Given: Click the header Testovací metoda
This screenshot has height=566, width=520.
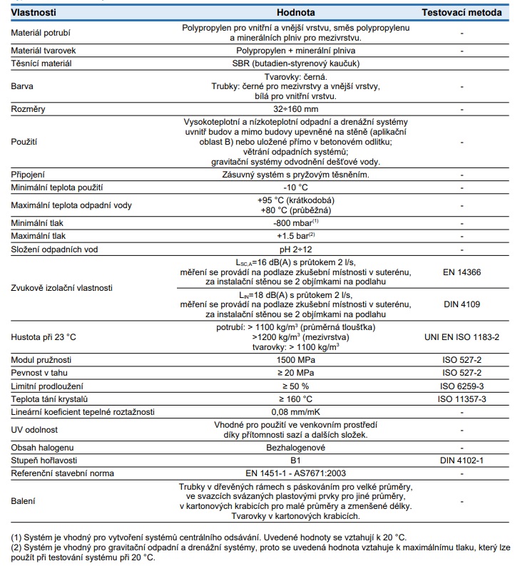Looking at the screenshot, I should pos(462,13).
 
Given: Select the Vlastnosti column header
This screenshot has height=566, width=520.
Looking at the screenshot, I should pos(34,13).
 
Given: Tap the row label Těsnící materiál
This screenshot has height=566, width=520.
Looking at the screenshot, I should pos(41,63).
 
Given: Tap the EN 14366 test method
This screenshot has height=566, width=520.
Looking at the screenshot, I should pos(462,272).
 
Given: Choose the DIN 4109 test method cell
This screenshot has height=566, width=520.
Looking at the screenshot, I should pos(462,304).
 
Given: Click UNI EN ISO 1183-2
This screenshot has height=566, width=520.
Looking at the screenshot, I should pos(462,336).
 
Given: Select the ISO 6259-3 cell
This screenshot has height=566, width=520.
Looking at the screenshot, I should pos(462,386).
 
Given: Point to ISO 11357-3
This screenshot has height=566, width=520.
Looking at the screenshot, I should pos(462,398).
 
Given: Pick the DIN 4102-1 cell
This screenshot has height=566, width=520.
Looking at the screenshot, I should pos(462,460).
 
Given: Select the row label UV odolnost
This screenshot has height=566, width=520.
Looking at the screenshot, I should pos(34,429).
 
